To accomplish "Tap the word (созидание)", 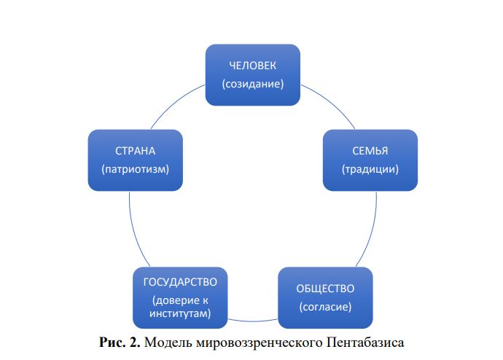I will point(252,84).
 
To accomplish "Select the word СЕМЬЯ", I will point(370,152).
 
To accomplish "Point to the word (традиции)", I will point(370,169).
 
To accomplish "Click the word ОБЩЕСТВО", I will point(325,289).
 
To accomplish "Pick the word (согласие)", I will point(325,306).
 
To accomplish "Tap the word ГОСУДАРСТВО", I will point(180,281).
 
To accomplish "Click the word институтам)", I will point(180,313).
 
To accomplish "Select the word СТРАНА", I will point(136,152).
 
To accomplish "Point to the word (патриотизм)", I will point(136,169).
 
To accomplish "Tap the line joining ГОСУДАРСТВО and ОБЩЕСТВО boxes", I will point(252,321).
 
